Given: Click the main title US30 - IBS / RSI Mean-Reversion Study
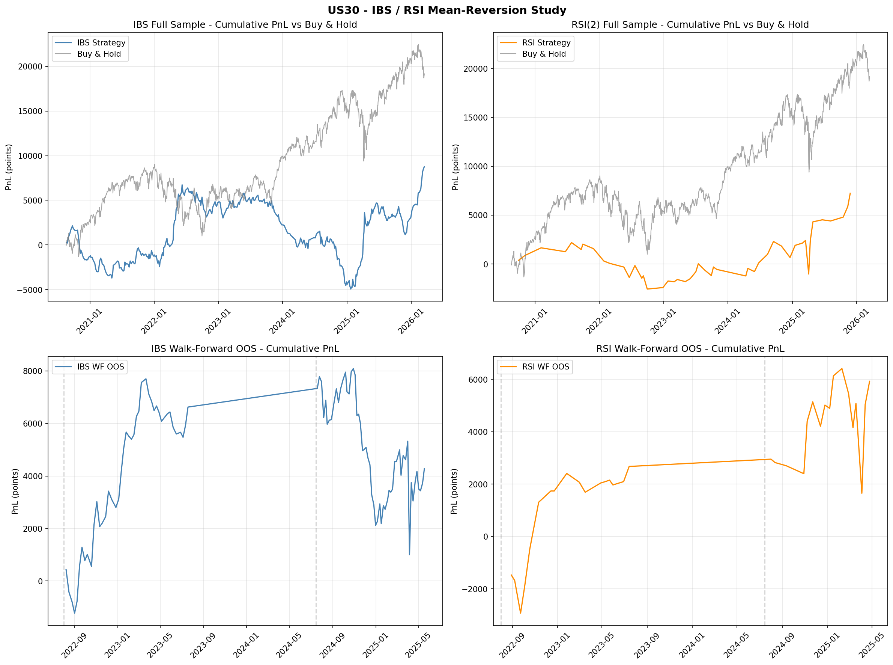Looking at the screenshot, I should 446,10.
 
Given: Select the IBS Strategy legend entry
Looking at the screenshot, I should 101,43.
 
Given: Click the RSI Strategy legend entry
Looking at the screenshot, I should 546,43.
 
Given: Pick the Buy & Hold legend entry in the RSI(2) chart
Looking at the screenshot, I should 543,54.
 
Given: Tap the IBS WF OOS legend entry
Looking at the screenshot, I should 100,367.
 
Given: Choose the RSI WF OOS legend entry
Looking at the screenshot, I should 545,367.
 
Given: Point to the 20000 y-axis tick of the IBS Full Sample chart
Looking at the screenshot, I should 30,67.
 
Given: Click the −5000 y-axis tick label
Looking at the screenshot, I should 29,290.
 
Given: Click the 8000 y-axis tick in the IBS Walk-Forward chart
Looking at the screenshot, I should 33,371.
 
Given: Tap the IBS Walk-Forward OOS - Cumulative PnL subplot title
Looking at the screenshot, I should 245,348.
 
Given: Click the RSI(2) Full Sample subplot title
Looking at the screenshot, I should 690,24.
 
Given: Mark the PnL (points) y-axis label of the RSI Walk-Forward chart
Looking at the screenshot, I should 454,491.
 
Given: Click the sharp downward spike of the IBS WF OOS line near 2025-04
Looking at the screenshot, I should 409,555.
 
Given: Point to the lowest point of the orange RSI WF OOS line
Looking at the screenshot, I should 520,613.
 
